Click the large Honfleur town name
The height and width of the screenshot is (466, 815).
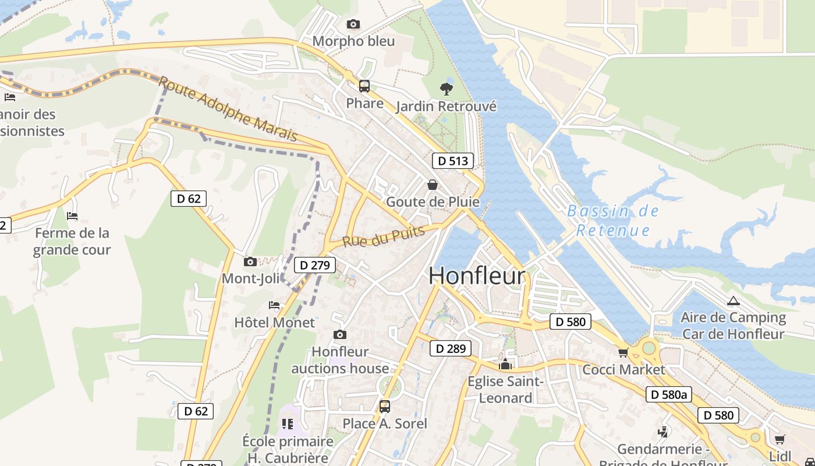(477, 276)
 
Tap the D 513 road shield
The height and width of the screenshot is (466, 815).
(452, 161)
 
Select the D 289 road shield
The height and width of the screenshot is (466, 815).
(450, 348)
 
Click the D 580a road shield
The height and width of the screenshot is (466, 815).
(669, 394)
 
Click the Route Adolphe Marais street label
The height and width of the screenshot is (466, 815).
(228, 109)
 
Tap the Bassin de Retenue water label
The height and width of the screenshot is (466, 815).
(613, 220)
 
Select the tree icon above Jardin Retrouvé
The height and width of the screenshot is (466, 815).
(447, 89)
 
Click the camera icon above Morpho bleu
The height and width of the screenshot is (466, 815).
(353, 24)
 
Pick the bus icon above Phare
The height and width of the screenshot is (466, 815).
(364, 86)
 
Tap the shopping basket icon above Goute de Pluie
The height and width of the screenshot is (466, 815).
(433, 185)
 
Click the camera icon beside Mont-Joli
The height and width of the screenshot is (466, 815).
(250, 262)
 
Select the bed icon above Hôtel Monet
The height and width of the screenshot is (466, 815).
(274, 305)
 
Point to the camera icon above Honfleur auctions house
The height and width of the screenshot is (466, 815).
(340, 334)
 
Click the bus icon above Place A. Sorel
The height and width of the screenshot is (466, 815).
(384, 406)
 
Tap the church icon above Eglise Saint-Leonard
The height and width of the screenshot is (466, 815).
(505, 365)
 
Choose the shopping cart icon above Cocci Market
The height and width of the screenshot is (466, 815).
(623, 352)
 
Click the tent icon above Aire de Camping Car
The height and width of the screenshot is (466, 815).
(733, 301)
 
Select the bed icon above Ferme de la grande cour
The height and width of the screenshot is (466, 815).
(72, 216)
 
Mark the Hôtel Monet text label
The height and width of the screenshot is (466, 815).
(274, 322)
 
